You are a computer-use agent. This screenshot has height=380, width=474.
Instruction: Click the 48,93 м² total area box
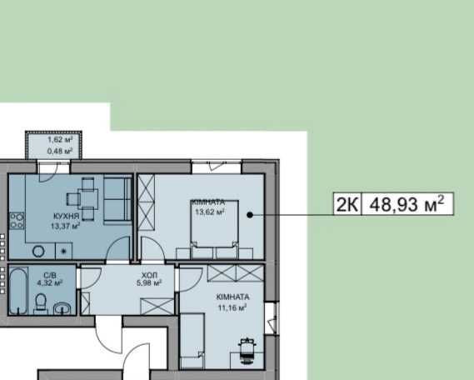[407, 203]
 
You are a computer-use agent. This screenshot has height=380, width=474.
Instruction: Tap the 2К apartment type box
[347, 203]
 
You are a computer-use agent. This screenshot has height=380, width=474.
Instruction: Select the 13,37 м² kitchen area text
[64, 225]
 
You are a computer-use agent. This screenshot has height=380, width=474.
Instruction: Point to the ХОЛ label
[150, 273]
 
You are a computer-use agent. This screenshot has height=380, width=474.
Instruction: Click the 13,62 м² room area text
[211, 212]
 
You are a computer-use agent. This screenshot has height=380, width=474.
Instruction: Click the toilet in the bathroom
[39, 303]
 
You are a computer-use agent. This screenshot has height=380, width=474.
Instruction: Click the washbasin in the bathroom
[62, 308]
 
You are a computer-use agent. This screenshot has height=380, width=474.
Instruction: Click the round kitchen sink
[38, 250]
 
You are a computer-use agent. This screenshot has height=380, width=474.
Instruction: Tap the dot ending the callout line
[250, 214]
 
